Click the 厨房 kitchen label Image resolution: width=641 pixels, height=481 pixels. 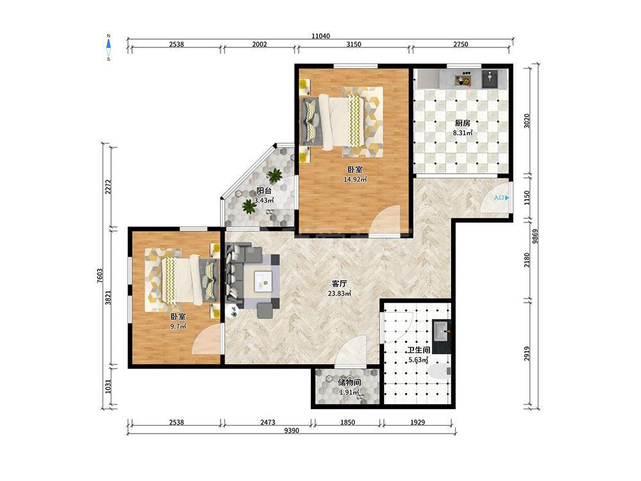click(x=462, y=122)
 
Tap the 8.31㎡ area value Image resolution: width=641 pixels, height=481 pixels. click(x=462, y=133)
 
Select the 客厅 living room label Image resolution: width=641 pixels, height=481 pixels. click(x=339, y=283)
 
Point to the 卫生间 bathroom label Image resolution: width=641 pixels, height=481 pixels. click(x=418, y=351)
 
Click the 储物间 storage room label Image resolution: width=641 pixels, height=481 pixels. click(x=349, y=383)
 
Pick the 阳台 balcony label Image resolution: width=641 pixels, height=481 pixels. click(x=264, y=190)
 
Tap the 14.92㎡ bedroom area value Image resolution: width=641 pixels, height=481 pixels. click(x=355, y=179)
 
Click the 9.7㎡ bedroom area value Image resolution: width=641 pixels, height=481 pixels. click(x=178, y=326)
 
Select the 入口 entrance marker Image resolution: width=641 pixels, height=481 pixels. click(x=501, y=198)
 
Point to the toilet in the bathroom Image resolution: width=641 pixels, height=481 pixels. click(x=439, y=371)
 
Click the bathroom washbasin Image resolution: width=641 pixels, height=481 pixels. click(x=442, y=330)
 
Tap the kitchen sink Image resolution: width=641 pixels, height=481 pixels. click(x=489, y=78)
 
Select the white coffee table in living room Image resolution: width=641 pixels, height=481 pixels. click(x=264, y=282)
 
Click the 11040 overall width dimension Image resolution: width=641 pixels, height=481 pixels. click(x=320, y=36)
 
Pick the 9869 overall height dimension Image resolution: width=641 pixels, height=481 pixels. click(x=535, y=237)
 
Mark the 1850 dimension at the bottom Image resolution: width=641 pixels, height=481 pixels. click(x=347, y=423)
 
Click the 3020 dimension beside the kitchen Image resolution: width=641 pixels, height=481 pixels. click(x=527, y=121)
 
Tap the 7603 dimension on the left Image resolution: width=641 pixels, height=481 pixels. click(x=100, y=276)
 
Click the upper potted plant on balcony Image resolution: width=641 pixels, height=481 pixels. click(x=275, y=176)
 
